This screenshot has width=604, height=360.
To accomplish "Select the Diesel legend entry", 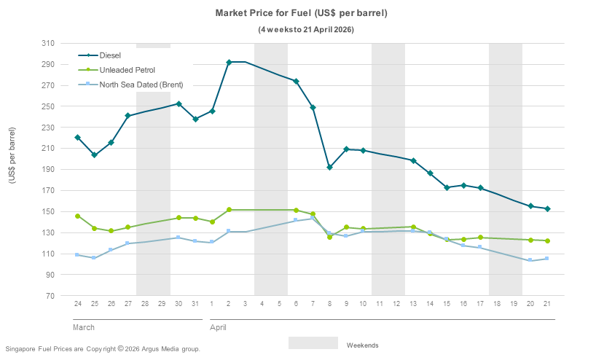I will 110,55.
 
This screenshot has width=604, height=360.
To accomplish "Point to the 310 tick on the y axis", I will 47,44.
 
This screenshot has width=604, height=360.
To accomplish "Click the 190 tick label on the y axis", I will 47,170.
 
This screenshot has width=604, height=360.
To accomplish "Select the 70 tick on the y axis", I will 50,296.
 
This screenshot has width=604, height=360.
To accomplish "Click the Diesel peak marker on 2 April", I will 229,62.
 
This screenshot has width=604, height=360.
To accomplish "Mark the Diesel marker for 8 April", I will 329,168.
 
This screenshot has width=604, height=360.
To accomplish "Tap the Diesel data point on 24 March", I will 77,138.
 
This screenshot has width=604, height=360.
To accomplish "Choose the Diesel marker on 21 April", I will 547,209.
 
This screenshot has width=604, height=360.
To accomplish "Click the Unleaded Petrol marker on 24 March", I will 77,216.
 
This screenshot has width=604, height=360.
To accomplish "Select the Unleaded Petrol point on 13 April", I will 413,227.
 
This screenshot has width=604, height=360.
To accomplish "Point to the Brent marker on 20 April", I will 530,260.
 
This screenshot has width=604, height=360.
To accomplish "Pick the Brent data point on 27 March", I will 128,243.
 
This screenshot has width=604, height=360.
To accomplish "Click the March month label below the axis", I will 84,327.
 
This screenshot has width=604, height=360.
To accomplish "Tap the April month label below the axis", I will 219,327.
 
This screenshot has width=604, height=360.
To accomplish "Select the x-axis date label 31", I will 195,302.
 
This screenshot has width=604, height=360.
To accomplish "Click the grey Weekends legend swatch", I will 313,343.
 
